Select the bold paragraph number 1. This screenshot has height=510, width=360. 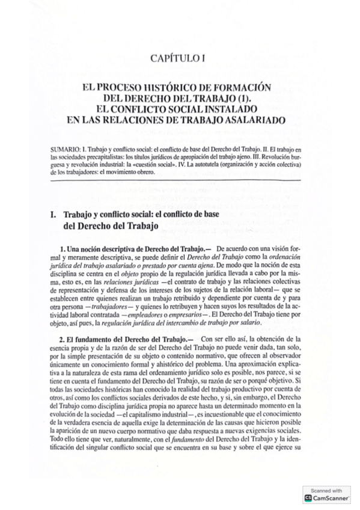(x=63, y=248)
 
